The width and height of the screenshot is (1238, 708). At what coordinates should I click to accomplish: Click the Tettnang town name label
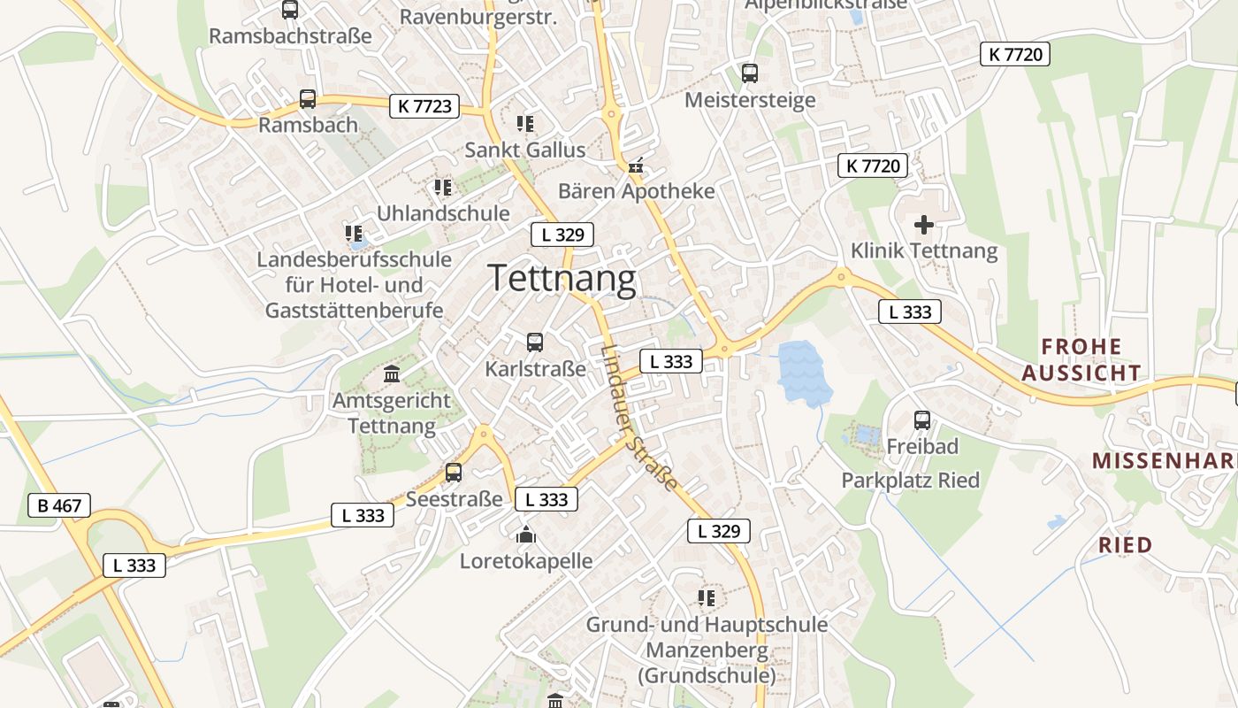(562, 279)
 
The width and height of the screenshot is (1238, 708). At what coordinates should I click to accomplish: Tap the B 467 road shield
(59, 506)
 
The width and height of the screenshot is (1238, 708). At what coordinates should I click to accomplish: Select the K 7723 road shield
(425, 106)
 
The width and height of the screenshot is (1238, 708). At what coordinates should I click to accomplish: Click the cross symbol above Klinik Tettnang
(923, 225)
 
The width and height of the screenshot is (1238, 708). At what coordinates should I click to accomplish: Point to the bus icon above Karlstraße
(534, 342)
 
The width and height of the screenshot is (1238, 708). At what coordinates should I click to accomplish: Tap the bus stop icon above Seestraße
(454, 473)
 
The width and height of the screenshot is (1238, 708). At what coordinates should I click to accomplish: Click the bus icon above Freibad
(922, 419)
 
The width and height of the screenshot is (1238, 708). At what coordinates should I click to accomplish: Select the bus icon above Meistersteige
(750, 73)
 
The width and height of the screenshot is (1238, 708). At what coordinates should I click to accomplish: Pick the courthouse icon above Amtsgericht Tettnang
(392, 374)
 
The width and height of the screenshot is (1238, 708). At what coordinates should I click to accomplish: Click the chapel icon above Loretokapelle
(526, 535)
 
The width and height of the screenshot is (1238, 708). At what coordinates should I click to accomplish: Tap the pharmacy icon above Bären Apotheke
(635, 165)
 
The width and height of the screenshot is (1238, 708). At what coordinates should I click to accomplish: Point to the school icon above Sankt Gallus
(525, 124)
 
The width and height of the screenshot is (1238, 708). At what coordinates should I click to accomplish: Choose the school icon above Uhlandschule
(443, 188)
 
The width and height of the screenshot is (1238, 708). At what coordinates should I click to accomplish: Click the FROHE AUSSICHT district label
(1081, 359)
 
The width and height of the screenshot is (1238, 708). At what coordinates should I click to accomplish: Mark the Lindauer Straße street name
(638, 417)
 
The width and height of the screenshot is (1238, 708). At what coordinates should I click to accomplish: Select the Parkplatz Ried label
(910, 481)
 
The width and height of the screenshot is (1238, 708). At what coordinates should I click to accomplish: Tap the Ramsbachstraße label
(290, 36)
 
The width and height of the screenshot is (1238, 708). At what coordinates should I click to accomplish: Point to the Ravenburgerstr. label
(478, 17)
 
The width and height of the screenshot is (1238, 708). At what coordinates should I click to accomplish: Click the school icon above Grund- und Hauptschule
(707, 598)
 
